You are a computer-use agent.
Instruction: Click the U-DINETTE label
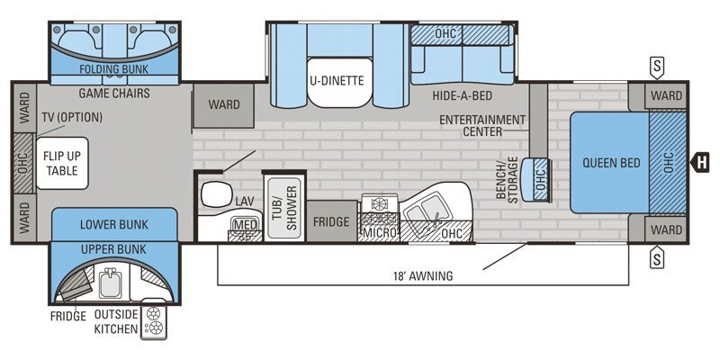coord(337,80)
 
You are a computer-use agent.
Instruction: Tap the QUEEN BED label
coord(611,163)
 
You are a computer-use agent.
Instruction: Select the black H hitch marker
coord(699,163)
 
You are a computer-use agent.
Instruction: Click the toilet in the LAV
coord(215,193)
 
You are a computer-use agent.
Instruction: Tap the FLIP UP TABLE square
coord(61,163)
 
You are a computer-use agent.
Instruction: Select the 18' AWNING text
coord(423,275)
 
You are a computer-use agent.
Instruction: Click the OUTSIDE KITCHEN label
coord(117,322)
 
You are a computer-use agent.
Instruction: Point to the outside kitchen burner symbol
coord(153,322)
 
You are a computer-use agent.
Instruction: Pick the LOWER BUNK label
coord(113,224)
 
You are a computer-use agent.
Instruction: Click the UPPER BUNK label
coord(113,247)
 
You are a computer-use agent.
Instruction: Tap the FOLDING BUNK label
coord(113,68)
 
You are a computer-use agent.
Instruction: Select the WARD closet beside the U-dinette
coord(224,105)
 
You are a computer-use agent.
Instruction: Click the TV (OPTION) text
coord(72,118)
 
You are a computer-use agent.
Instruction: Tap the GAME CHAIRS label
coord(113,93)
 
